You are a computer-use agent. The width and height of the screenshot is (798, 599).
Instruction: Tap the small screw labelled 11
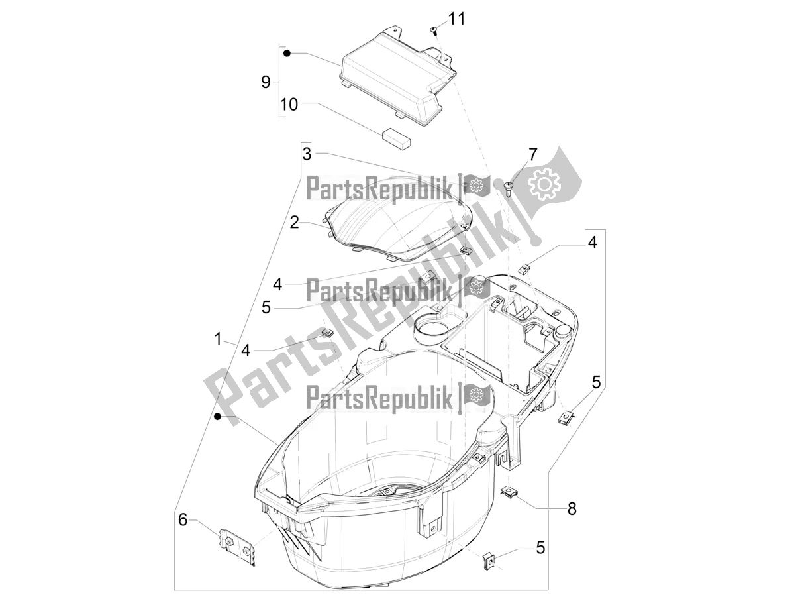point(432,30)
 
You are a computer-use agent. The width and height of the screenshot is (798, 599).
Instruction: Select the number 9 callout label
point(266,83)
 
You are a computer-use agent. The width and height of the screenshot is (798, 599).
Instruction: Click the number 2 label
point(294,222)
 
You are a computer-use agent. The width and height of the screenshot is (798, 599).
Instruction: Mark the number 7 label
point(532,155)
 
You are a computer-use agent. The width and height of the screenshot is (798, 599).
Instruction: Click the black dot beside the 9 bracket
point(287,53)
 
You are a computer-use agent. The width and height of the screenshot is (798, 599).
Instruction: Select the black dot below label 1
point(218,416)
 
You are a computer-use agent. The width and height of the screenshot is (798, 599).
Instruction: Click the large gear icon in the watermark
point(544,185)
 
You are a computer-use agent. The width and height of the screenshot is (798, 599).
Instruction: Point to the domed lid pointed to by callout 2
point(395,225)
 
